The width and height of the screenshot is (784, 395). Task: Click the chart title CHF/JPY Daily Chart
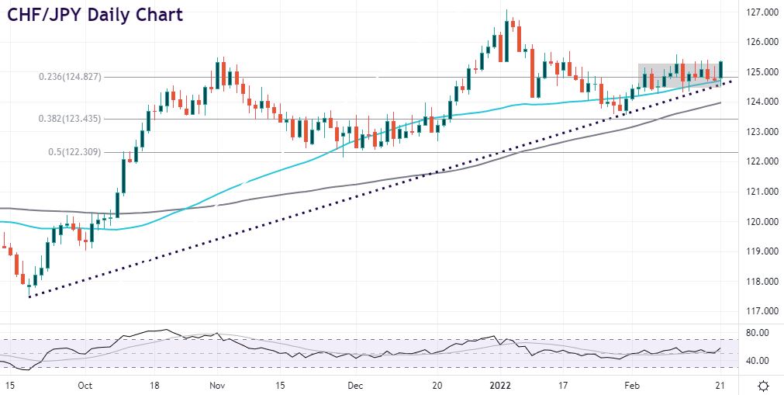[x=95, y=15]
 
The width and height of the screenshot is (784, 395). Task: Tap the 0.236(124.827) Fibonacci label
[x=80, y=77]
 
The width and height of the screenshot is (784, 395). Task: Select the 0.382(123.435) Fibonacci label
[x=80, y=119]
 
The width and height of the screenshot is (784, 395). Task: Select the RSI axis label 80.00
[x=755, y=332]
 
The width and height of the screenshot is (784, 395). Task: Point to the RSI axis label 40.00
[x=755, y=361]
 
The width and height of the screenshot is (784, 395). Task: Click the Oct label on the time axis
[x=85, y=385]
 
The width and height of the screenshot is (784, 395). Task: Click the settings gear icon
[x=763, y=385]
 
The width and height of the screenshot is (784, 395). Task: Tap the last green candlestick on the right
[x=721, y=71]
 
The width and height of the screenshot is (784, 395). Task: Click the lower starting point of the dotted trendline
[x=29, y=296]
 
